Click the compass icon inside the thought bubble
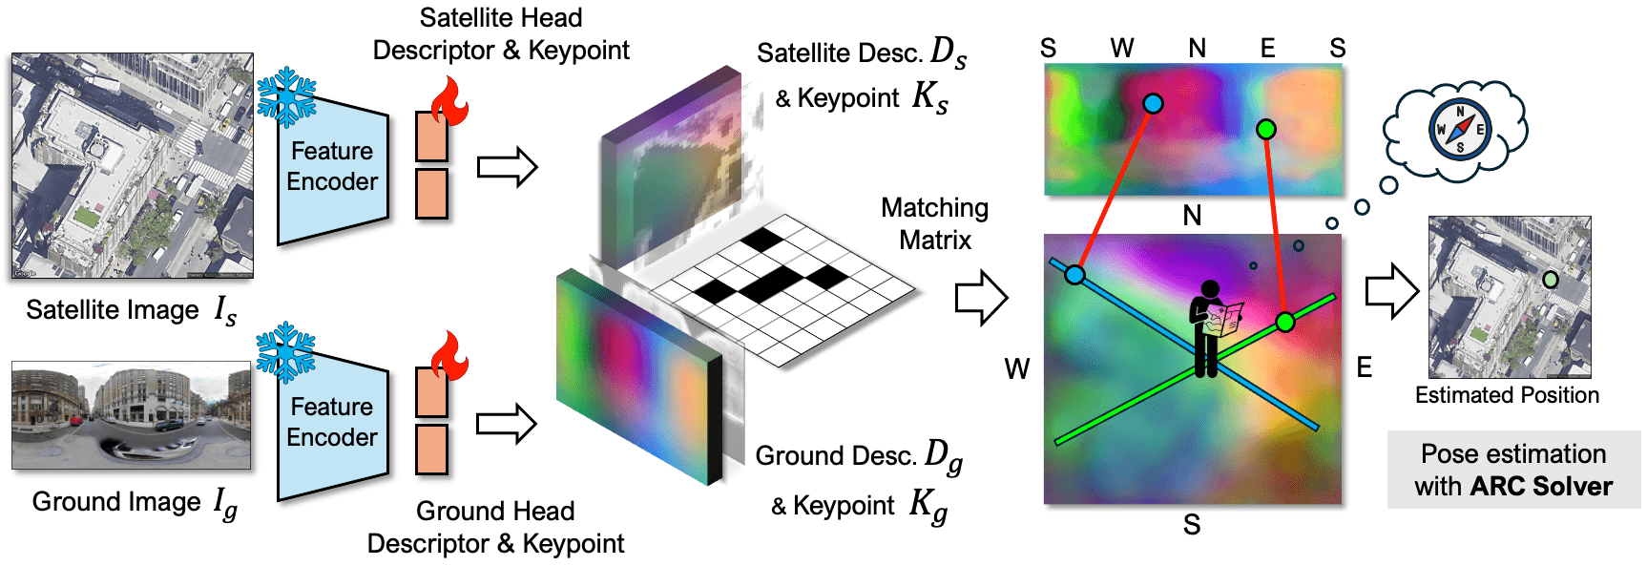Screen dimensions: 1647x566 point(1459,129)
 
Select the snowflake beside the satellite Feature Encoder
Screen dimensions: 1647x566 point(286,96)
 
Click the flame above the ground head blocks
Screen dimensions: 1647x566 point(449,357)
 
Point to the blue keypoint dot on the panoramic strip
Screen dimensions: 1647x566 point(1153,103)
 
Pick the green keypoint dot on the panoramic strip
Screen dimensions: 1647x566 point(1266,129)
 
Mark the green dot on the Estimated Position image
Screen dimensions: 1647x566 point(1551,280)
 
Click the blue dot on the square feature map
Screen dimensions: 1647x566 point(1075,275)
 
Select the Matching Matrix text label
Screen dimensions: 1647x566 point(935,223)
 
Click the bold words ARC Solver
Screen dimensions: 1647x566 point(1541,486)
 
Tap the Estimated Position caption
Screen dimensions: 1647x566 point(1507,395)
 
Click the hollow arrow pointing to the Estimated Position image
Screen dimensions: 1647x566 point(1392,290)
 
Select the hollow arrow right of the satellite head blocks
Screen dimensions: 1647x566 point(508,167)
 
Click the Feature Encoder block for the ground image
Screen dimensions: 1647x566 point(333,423)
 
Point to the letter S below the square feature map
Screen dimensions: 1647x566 point(1192,524)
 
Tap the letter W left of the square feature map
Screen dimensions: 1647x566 point(1017,368)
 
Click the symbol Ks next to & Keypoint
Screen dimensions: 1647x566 point(930,97)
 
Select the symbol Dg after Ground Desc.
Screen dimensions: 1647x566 point(944,456)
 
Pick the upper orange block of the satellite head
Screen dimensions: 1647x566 point(432,136)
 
